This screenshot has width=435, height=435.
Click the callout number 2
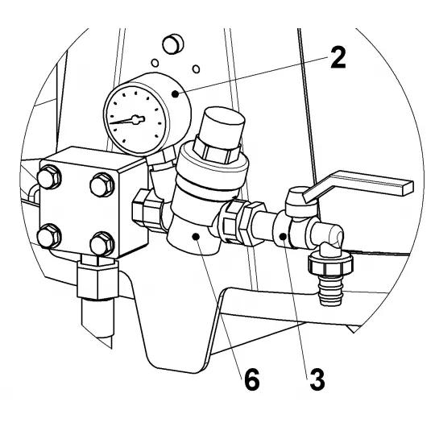coord(338,57)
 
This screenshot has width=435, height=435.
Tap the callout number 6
coord(252,379)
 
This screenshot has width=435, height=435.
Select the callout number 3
coord(317,379)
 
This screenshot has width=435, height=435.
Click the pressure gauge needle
coord(127,120)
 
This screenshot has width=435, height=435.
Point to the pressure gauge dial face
coord(135,119)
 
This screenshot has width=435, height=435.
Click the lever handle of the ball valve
coord(358,185)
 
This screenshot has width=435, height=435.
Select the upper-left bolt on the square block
coord(49,177)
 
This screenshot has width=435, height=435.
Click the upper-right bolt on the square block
coord(102,185)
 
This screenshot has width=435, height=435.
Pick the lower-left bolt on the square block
coord(49,236)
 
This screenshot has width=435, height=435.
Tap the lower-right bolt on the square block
coord(102,244)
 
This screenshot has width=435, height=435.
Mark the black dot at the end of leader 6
coord(196,236)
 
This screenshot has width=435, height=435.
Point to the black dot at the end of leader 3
coord(283,237)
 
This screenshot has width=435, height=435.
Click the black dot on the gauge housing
coord(175,94)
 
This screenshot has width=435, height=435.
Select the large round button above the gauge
coord(172,43)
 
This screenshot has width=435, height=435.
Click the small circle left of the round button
coord(155,63)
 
